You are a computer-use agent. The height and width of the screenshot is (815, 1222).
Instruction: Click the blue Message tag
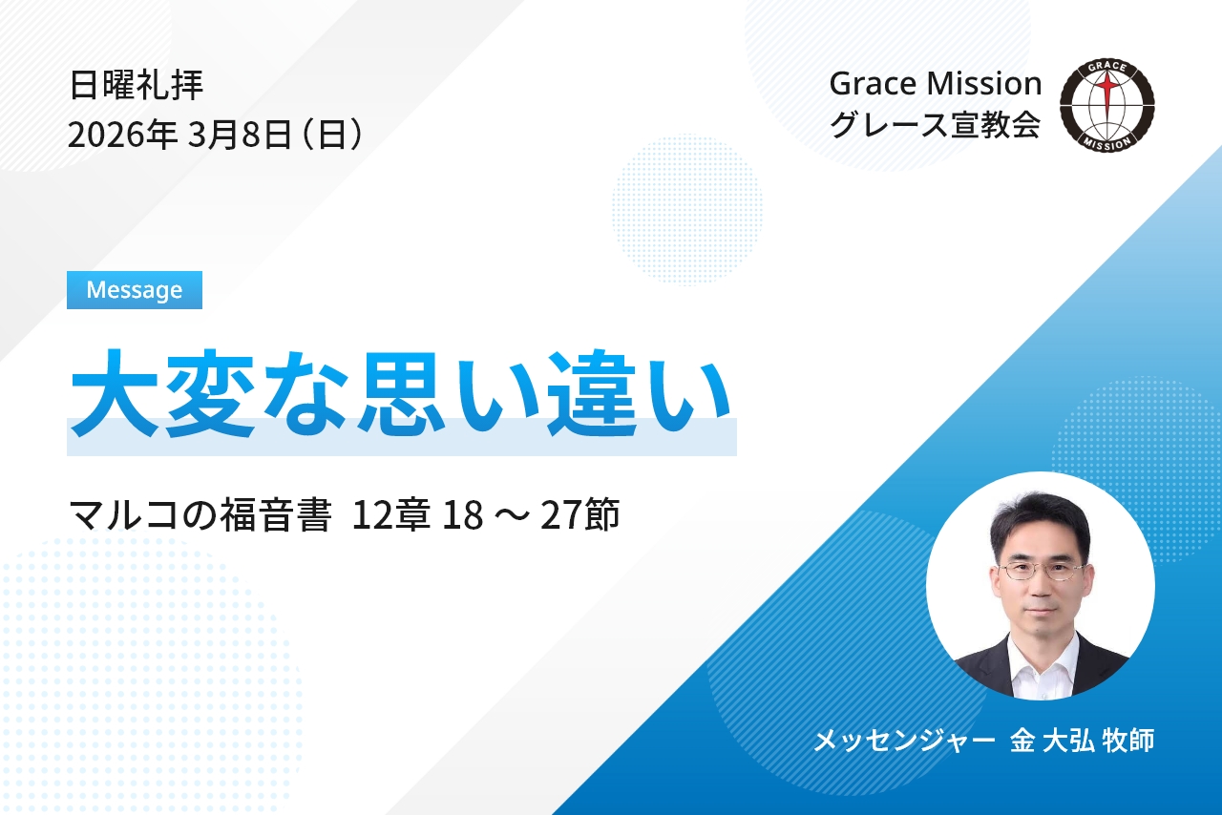pyautogui.click(x=135, y=290)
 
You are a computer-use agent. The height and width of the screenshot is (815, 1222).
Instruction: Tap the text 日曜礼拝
pyautogui.click(x=137, y=85)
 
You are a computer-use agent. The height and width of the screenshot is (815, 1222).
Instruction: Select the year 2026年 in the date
pyautogui.click(x=122, y=135)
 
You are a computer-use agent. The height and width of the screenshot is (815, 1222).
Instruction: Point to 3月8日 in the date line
pyautogui.click(x=239, y=135)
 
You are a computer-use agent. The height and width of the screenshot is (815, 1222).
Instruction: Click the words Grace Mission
pyautogui.click(x=935, y=84)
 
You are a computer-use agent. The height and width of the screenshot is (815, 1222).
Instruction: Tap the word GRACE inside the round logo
pyautogui.click(x=1107, y=68)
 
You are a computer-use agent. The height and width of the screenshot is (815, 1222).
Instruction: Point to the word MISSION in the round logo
pyautogui.click(x=1106, y=143)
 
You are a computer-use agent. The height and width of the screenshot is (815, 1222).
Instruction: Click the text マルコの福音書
pyautogui.click(x=200, y=514)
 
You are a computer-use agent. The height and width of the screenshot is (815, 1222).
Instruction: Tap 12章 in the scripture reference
pyautogui.click(x=391, y=514)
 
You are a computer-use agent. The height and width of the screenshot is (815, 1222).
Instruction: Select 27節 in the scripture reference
pyautogui.click(x=579, y=514)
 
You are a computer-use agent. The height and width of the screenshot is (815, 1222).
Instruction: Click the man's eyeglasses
pyautogui.click(x=1041, y=571)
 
